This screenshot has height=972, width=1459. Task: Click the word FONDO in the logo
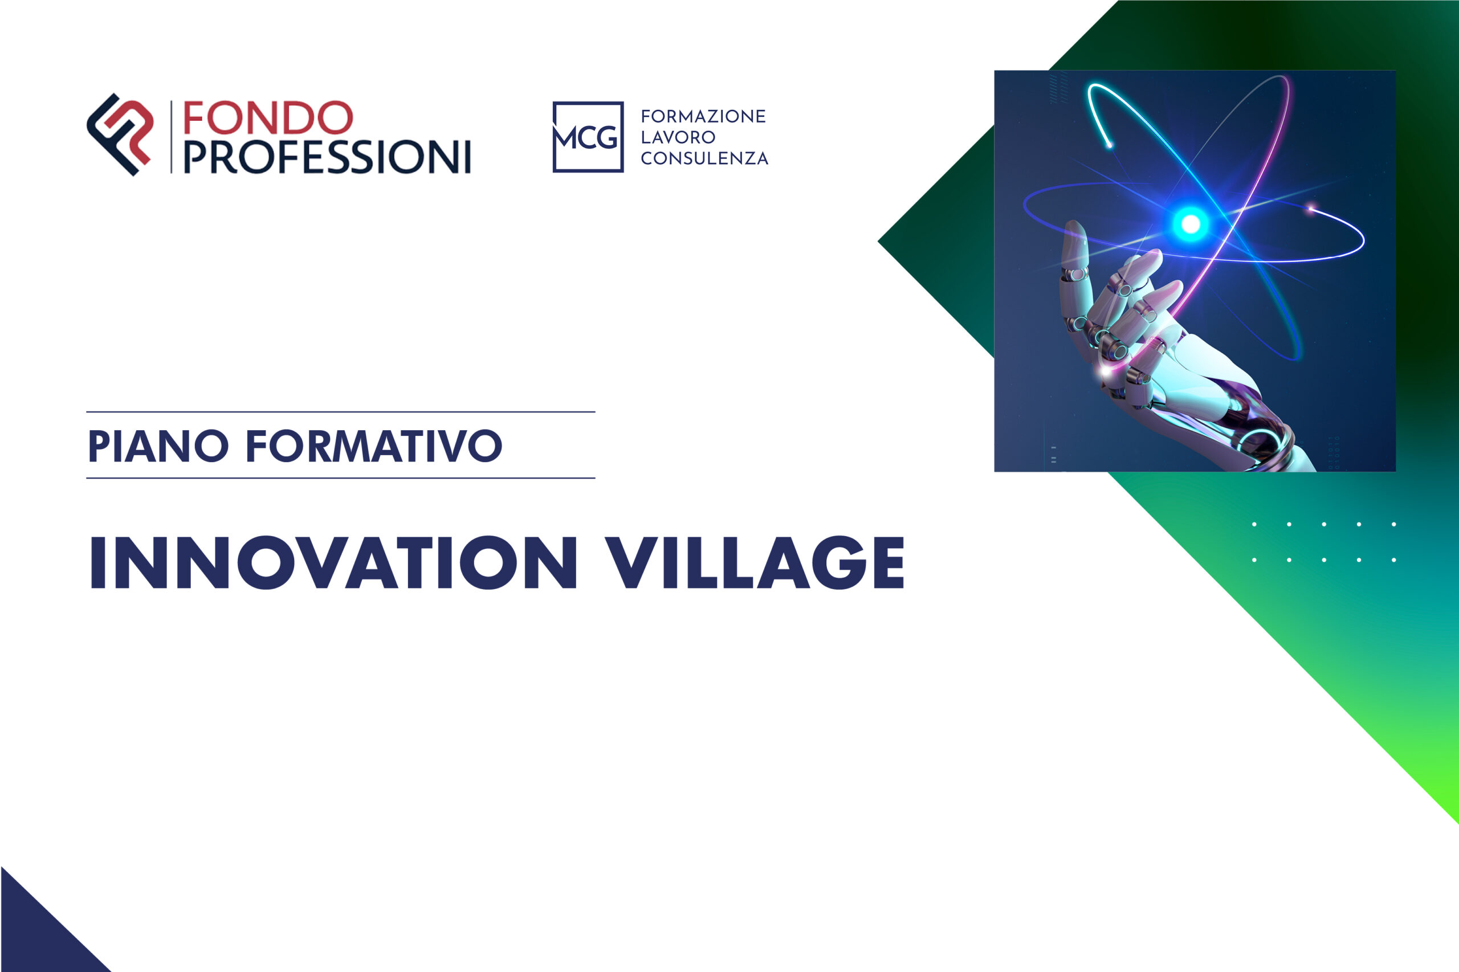[x=267, y=118]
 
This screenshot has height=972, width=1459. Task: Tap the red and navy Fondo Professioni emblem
[x=120, y=134]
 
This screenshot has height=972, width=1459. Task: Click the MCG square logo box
[x=588, y=137]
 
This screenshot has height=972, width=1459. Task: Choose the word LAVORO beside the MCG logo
[x=678, y=137]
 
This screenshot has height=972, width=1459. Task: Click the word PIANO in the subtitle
[x=158, y=446]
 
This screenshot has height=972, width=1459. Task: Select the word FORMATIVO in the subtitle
[x=374, y=446]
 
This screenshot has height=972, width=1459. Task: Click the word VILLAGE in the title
[x=755, y=562]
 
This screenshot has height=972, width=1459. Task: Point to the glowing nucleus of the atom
[x=1190, y=224]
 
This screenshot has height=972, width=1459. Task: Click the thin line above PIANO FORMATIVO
[x=340, y=411]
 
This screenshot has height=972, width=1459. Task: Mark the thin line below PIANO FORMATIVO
[x=340, y=478]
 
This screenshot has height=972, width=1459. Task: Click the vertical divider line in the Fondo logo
[x=172, y=137]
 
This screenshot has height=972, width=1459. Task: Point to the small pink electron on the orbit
[x=1310, y=209]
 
